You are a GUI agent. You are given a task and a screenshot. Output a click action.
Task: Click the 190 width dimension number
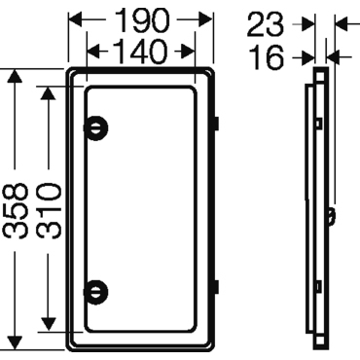141,19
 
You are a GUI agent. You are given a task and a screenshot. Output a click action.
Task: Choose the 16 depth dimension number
266,57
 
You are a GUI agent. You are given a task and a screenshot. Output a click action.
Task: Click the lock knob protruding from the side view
333,213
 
